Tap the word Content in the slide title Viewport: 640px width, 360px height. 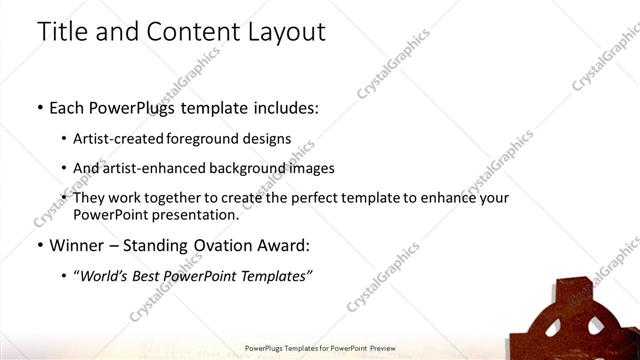pyautogui.click(x=186, y=32)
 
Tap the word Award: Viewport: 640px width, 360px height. pyautogui.click(x=284, y=245)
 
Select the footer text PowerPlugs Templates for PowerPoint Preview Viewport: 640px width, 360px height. pyautogui.click(x=320, y=349)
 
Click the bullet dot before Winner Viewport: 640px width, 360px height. pyautogui.click(x=39, y=245)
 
